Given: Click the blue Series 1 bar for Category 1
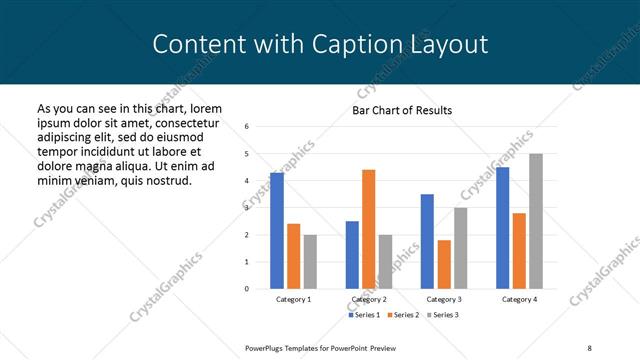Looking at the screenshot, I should tap(277, 231).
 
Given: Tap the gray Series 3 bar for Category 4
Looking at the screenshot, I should tap(535, 221).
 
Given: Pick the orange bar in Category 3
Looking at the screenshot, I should tap(444, 264).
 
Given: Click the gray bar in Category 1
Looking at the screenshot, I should tap(310, 262).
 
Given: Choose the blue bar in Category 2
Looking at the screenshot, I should tap(352, 255).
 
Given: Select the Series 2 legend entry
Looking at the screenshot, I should tap(402, 315).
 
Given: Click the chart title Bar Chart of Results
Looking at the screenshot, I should tap(402, 110).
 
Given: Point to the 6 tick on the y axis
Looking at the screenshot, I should tap(246, 127).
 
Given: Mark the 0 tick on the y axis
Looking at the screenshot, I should tap(246, 289).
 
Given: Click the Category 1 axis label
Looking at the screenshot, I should tap(293, 299).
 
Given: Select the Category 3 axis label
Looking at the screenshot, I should tap(443, 299).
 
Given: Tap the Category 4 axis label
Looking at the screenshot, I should tap(518, 299).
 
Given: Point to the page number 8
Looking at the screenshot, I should tap(589, 347).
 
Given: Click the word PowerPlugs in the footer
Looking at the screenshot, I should tap(268, 347).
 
